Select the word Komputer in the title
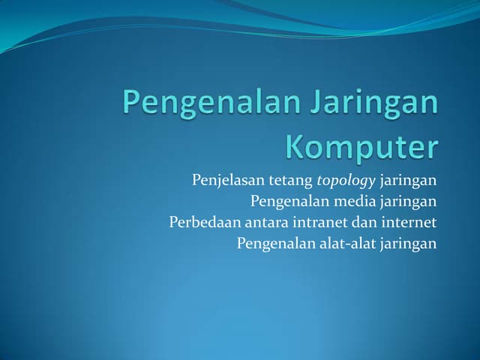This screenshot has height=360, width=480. click(361, 146)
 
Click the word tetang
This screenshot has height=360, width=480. click(291, 181)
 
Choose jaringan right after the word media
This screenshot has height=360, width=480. click(409, 202)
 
